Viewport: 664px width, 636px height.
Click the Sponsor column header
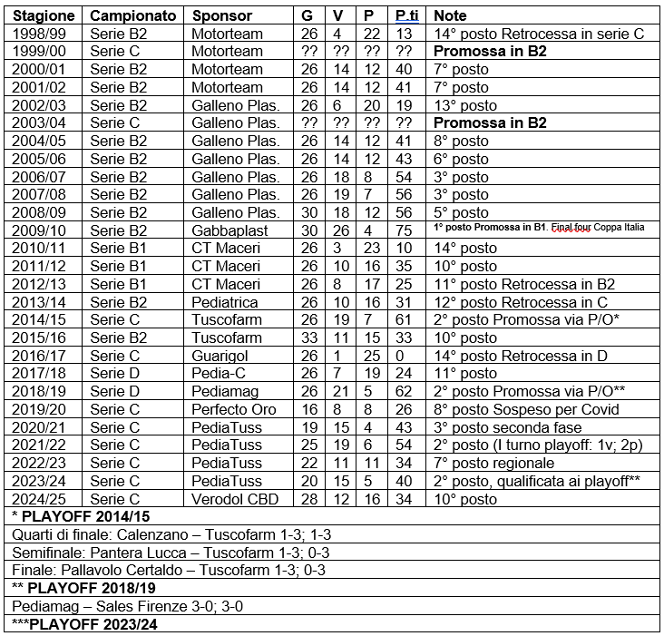220,16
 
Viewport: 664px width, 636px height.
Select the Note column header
450,16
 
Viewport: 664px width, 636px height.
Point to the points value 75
405,230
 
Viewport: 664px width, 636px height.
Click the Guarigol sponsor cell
221,356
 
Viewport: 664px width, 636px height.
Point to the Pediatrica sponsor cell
225,302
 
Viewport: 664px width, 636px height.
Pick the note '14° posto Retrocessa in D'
521,356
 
